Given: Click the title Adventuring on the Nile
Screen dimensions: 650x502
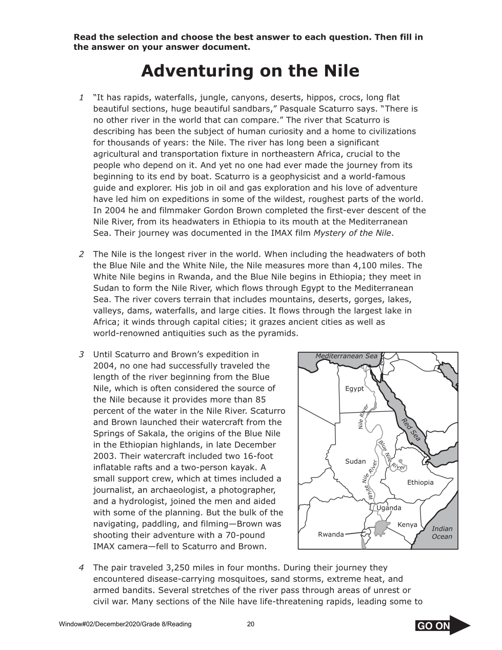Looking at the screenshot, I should [250, 71].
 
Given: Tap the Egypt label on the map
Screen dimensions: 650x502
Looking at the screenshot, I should [354, 389].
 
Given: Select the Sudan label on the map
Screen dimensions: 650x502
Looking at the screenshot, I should [355, 462].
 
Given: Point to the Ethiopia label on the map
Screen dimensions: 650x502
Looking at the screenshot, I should [420, 483].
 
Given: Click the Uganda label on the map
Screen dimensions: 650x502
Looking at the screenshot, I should [389, 508].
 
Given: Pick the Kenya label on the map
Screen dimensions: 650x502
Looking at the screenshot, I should [407, 525].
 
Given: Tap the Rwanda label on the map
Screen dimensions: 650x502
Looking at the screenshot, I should [331, 534].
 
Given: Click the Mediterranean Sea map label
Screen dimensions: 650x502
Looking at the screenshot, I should [346, 356].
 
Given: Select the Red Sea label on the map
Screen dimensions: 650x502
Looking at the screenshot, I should [411, 429].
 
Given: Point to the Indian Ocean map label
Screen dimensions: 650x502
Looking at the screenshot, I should [441, 533].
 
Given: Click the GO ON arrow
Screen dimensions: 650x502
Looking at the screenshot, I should [442, 625].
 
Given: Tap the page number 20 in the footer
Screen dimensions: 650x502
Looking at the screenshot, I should [251, 624].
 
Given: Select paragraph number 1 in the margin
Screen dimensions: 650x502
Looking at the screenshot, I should [82, 98].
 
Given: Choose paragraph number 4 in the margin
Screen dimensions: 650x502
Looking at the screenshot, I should [82, 568].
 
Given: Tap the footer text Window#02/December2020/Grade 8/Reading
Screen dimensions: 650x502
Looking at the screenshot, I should [125, 624].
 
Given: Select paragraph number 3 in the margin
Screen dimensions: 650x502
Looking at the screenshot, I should [82, 354].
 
